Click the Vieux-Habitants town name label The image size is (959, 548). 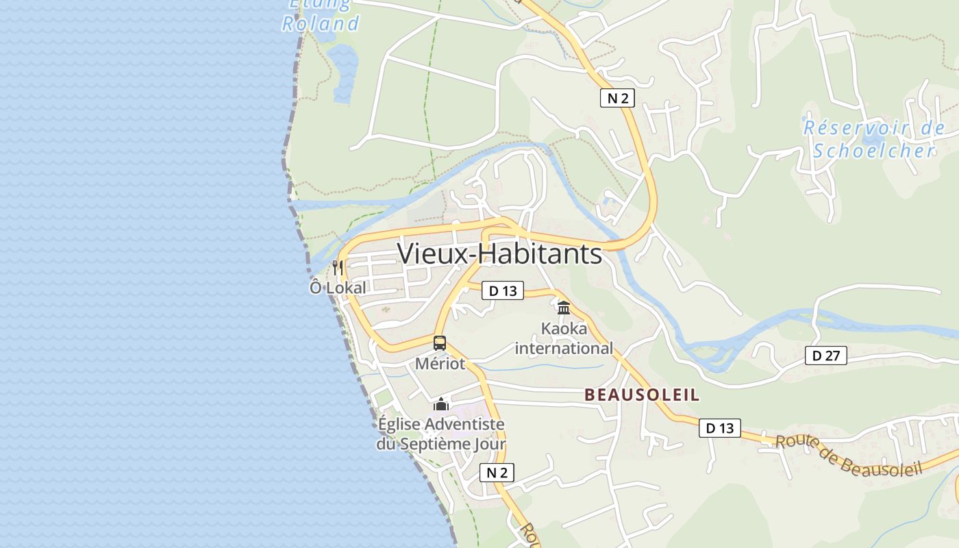499,253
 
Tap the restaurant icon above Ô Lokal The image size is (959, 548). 337,267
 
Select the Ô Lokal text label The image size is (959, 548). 338,288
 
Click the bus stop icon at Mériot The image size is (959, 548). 440,343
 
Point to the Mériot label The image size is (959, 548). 440,364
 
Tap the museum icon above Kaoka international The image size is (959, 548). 564,308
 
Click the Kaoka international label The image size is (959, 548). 564,338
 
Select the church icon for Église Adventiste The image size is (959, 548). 440,404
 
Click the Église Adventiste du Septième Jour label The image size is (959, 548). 440,434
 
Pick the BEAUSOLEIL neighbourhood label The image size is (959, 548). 642,395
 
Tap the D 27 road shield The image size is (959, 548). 825,356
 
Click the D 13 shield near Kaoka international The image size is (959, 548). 502,290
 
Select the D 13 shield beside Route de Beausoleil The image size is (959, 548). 719,428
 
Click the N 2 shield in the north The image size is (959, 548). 617,98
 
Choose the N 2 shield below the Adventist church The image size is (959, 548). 497,472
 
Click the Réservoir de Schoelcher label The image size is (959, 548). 873,139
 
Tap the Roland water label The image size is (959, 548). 321,24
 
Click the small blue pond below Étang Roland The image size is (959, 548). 342,65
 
